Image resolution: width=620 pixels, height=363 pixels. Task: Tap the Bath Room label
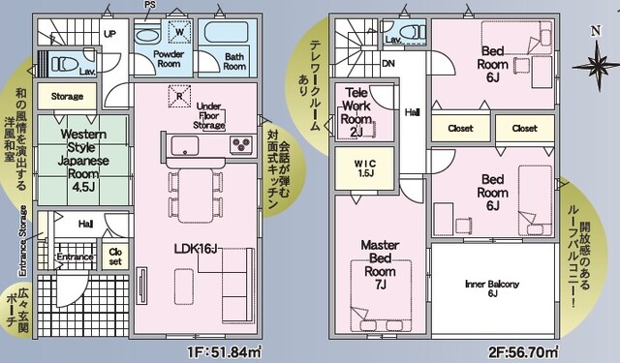233,61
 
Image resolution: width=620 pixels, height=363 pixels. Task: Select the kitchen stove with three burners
241,145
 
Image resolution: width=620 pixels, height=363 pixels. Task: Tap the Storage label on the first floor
67,97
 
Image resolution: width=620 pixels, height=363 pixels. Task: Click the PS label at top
149,6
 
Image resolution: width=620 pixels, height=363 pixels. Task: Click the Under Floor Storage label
209,115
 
